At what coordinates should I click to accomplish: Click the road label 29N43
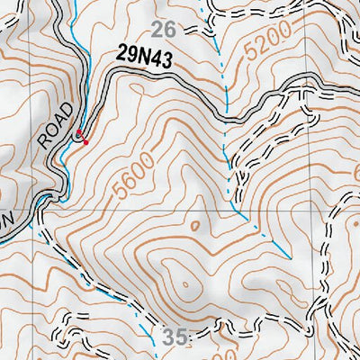click(143, 56)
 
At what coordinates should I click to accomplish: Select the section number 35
click(176, 337)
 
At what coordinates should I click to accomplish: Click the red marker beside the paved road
click(81, 138)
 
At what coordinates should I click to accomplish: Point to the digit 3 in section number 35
click(171, 337)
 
